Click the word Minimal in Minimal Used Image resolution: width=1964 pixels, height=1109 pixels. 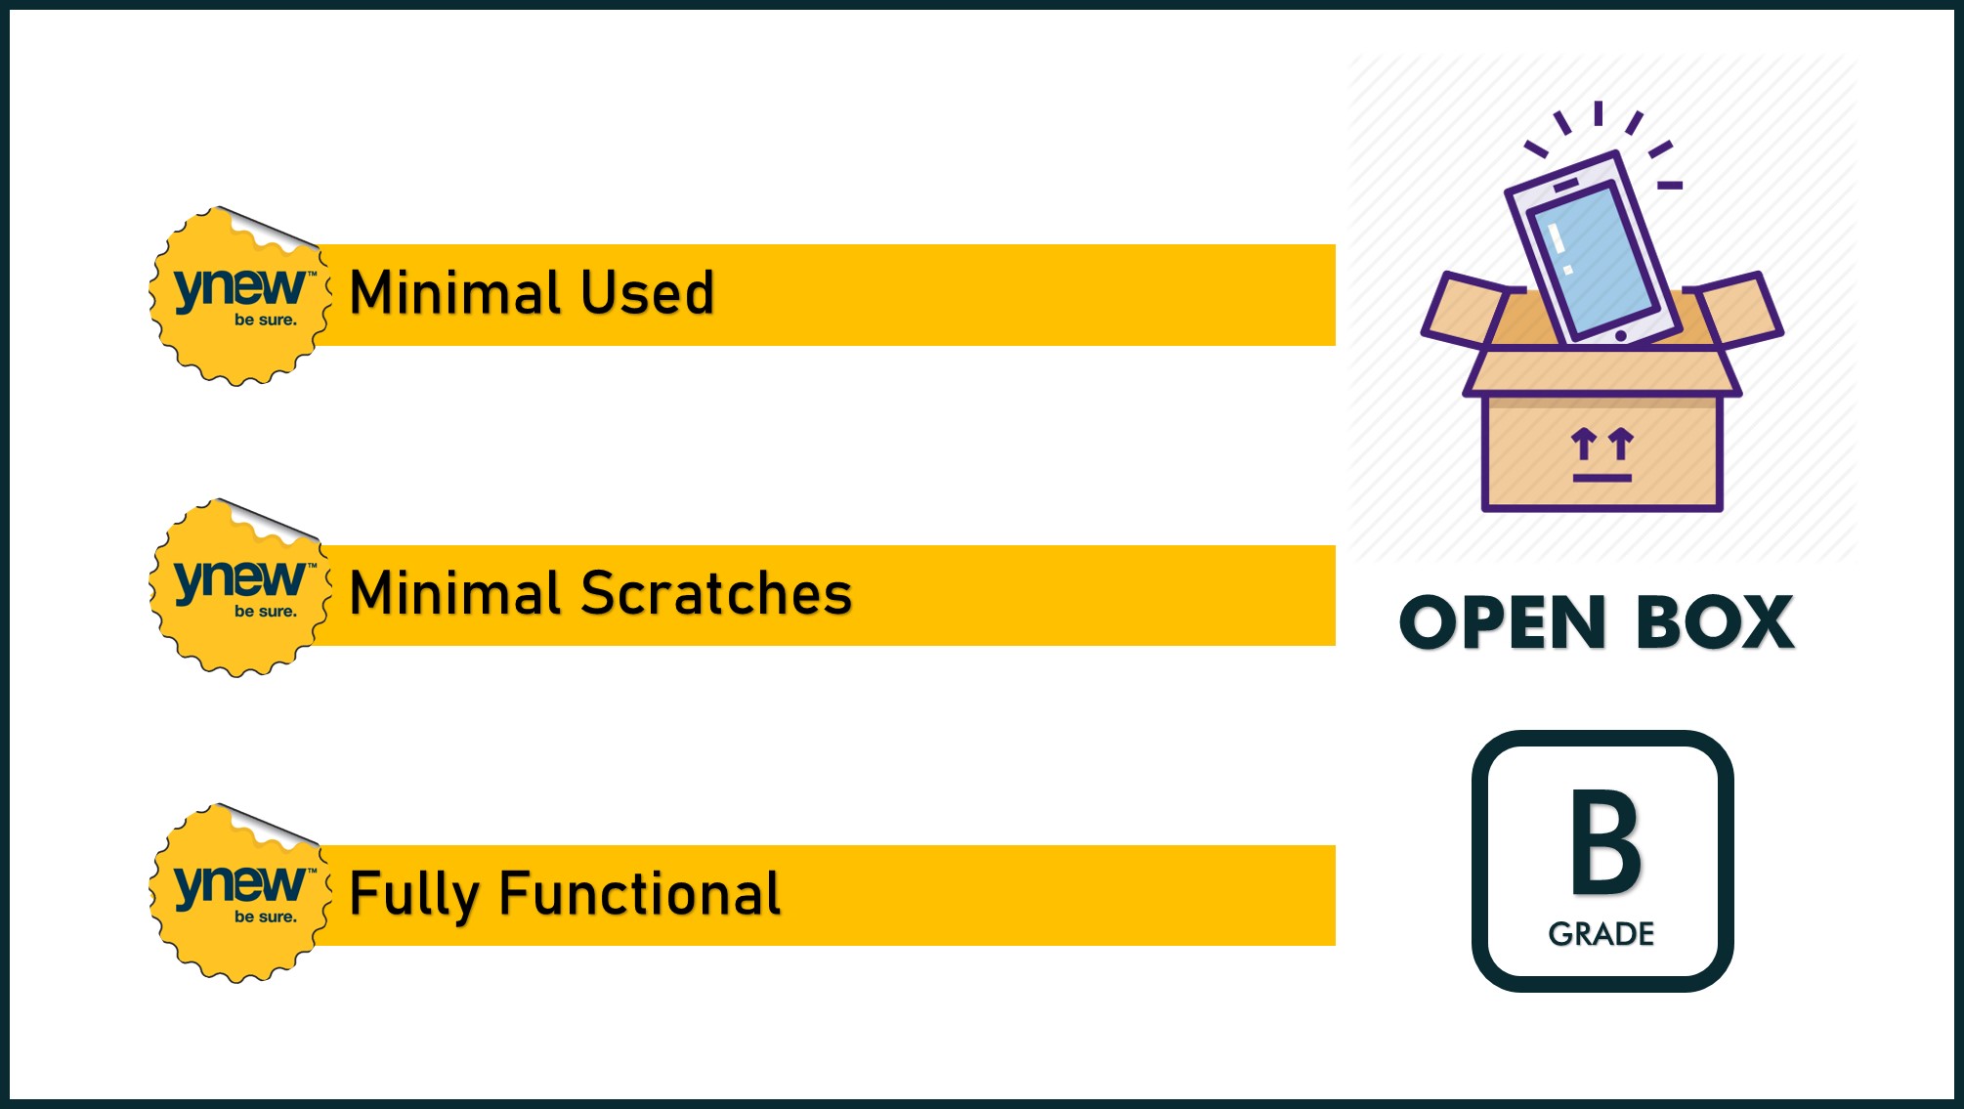[456, 292]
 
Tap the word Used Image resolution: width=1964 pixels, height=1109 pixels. [648, 292]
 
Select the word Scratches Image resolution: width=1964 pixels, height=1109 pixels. [717, 593]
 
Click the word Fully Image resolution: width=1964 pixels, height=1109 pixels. [414, 894]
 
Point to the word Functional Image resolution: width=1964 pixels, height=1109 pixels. [640, 893]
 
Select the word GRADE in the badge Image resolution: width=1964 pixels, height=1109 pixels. [1601, 934]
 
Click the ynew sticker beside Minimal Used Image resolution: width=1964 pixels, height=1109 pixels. [239, 296]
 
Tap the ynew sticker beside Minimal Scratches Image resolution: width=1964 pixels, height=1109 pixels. [239, 588]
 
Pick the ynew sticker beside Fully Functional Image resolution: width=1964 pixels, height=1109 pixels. [239, 893]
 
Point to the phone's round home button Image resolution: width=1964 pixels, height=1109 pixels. [1621, 336]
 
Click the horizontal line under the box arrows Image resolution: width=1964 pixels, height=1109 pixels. [1602, 478]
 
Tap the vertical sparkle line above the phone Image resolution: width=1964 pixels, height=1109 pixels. [1599, 113]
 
